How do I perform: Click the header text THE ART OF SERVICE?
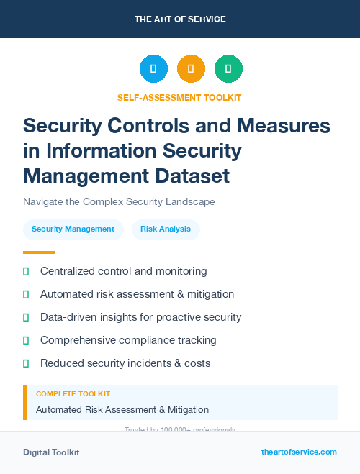[180, 19]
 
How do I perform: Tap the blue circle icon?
[153, 69]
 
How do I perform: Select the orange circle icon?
[191, 69]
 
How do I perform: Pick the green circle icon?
[228, 69]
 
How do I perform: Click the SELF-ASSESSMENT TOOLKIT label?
[179, 97]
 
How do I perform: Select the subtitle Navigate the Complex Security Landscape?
[119, 202]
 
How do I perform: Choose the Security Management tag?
[73, 229]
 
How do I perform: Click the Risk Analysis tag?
[166, 229]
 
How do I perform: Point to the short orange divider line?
[39, 252]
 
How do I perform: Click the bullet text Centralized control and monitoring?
[124, 271]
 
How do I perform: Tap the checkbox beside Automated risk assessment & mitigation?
[26, 294]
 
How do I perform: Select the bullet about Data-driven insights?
[140, 317]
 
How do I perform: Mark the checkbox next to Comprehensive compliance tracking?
[26, 340]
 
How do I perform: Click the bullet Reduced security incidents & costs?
[125, 363]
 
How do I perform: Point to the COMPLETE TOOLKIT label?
[73, 394]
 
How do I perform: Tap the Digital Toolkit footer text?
[51, 452]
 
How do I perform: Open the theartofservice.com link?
[299, 452]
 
